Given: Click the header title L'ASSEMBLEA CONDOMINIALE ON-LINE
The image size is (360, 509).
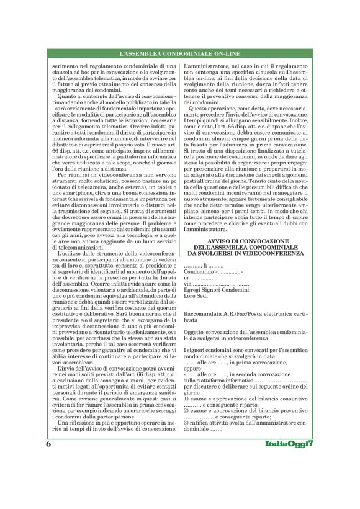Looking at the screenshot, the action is (x=179, y=55).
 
